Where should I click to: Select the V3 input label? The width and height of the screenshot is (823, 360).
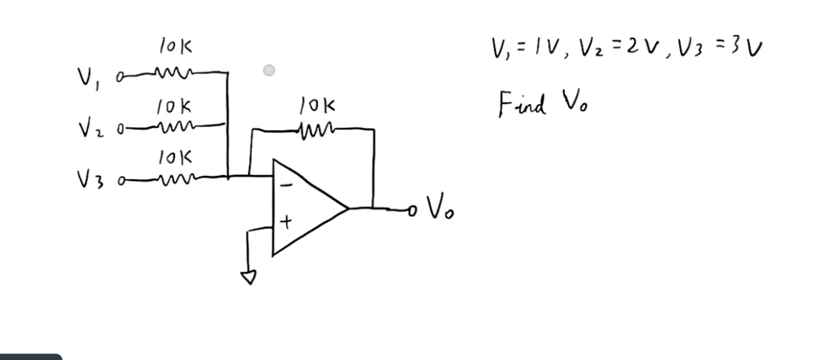tap(89, 178)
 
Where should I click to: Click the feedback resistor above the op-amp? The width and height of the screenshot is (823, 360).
tap(316, 130)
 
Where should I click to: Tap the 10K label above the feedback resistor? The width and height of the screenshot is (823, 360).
tap(317, 106)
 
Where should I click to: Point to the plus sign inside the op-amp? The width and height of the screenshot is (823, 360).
tap(286, 223)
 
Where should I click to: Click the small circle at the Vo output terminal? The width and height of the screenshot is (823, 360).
tap(411, 208)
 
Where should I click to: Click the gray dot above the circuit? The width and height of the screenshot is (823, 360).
tap(269, 71)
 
